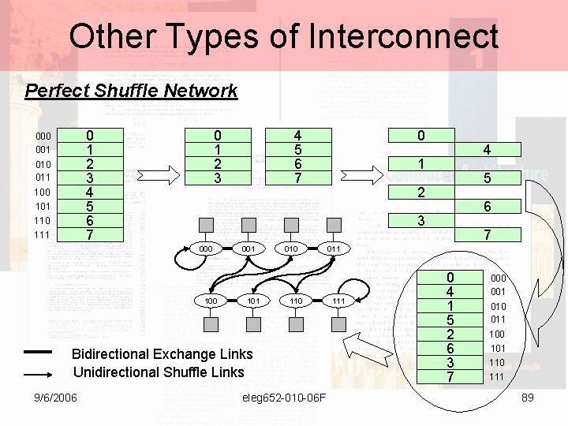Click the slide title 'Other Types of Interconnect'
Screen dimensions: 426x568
[x=284, y=36]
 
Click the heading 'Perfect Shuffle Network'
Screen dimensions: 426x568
[x=131, y=90]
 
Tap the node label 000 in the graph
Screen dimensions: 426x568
[x=207, y=248]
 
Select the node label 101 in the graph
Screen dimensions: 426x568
[x=253, y=301]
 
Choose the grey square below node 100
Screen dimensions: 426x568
[x=211, y=325]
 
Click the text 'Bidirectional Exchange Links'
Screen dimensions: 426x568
[x=163, y=353]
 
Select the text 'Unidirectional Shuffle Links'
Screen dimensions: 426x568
[x=159, y=372]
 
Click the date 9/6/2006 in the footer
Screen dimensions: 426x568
[x=55, y=397]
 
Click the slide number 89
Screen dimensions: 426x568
[x=528, y=397]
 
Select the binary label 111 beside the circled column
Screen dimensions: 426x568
[x=496, y=377]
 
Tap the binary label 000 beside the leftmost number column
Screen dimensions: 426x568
[x=43, y=136]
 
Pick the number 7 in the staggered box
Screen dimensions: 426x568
[x=488, y=234]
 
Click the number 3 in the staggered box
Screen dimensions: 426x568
[x=421, y=221]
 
